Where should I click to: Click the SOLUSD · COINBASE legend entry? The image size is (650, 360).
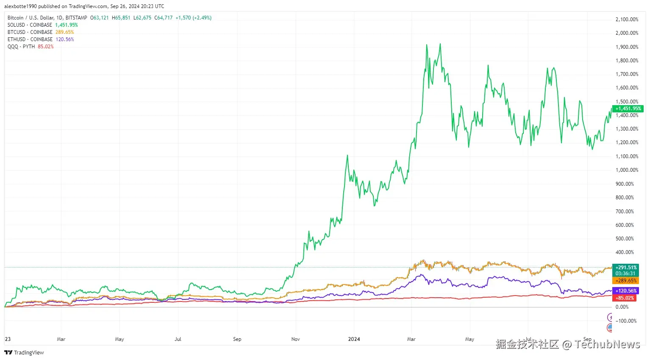point(30,25)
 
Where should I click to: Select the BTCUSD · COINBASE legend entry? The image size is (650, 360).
point(30,32)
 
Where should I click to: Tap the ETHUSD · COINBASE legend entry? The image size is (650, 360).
point(30,39)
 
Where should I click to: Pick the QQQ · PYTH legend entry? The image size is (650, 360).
point(21,47)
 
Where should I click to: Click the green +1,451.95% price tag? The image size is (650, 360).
point(628,109)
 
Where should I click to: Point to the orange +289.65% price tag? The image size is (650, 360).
point(626,281)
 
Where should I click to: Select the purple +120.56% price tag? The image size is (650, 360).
point(626,291)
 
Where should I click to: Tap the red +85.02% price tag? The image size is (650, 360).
point(625,298)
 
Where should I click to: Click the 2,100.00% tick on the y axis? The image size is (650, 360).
point(627,20)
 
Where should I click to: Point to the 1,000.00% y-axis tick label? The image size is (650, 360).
point(627,170)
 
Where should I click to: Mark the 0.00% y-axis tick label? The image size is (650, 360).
point(622,307)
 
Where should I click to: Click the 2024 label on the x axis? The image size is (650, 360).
point(354,339)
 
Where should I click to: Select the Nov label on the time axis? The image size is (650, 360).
point(295,339)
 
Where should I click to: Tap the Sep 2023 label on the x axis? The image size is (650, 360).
point(237,339)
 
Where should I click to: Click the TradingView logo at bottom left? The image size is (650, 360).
point(24,353)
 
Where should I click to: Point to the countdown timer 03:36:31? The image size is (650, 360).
point(626,273)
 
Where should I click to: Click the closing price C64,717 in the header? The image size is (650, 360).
point(163,18)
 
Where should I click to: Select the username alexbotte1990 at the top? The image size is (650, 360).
point(20,6)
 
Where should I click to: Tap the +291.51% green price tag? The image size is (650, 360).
point(626,268)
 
